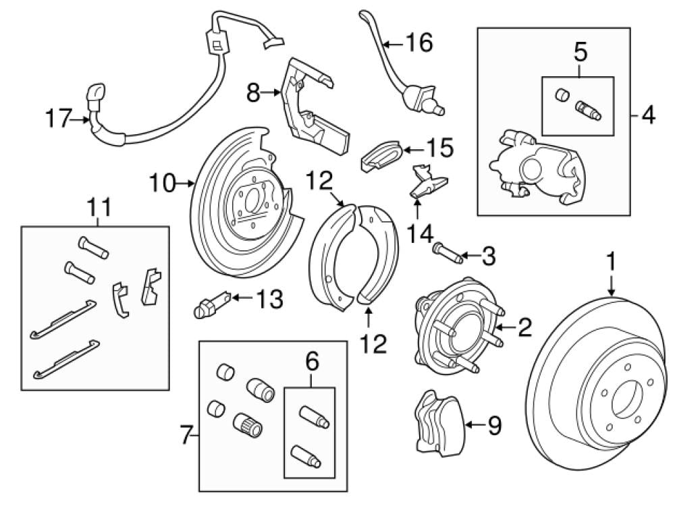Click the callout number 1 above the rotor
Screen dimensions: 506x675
[612, 260]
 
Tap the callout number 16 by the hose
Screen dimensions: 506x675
[418, 43]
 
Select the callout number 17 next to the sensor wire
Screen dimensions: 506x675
[58, 119]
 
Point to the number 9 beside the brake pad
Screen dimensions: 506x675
[495, 425]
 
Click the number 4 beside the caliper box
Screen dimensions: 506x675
[647, 115]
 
